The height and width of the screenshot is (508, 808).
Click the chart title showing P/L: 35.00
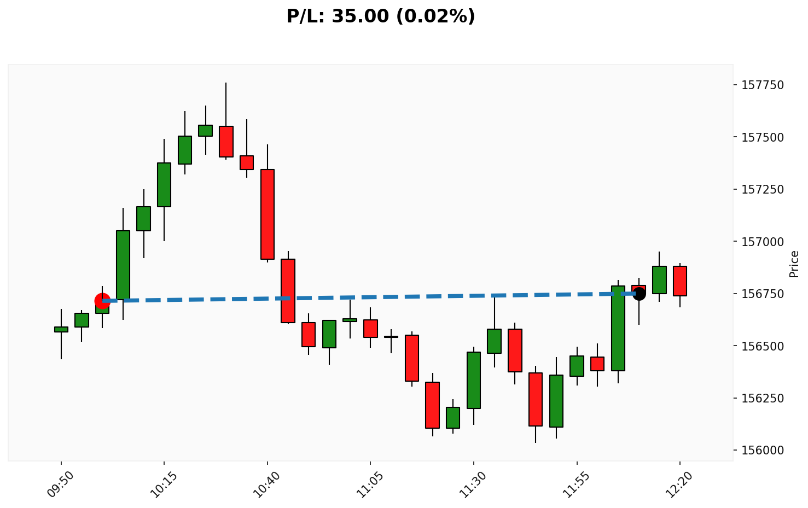(381, 16)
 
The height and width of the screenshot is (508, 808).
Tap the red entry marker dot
(102, 300)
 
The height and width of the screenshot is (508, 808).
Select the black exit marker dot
(639, 294)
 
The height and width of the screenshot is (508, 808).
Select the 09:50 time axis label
(61, 484)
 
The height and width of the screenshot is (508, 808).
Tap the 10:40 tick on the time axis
(267, 484)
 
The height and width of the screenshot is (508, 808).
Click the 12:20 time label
(679, 484)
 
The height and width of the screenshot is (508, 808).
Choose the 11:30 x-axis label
(473, 484)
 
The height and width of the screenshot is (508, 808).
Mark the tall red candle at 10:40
(268, 214)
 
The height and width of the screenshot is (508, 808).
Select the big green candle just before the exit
(618, 328)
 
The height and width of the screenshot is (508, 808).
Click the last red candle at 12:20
(680, 281)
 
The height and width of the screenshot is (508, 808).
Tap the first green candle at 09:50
(61, 329)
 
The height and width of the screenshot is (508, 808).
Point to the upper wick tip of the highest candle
(226, 83)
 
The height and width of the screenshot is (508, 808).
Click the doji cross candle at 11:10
(391, 337)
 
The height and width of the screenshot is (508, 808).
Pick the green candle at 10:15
(164, 185)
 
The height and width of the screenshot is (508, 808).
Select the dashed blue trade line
(370, 297)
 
